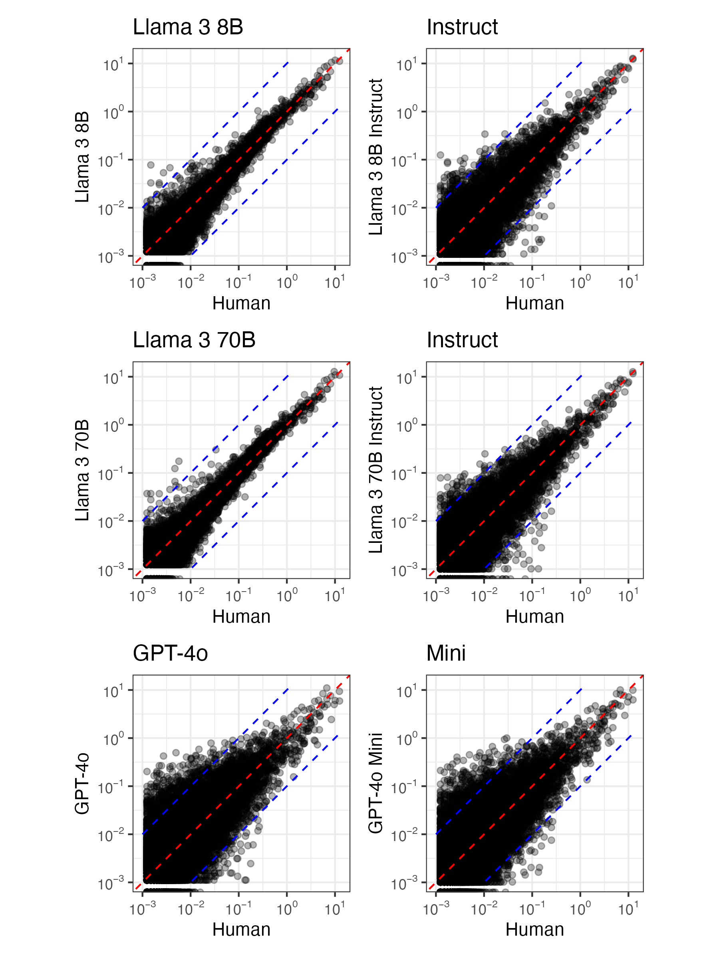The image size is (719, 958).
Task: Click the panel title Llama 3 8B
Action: (187, 27)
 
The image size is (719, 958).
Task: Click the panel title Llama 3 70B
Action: (194, 340)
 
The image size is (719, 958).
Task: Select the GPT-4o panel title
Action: (170, 653)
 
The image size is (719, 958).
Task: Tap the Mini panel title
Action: (445, 653)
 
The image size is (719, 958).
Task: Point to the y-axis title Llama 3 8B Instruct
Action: (376, 157)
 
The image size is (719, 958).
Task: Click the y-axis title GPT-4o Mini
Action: (376, 783)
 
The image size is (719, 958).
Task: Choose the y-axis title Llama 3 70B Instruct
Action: (376, 470)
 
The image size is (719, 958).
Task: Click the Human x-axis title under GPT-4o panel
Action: (241, 929)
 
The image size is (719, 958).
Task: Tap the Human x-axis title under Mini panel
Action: (534, 929)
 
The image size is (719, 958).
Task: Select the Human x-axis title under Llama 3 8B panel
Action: (241, 303)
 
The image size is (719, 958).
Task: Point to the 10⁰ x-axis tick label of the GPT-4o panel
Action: (287, 909)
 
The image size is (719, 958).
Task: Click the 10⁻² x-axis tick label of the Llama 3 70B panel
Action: (191, 596)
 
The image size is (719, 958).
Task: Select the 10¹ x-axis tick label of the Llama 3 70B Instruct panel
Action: (628, 596)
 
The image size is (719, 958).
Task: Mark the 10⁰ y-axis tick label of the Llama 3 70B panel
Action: (113, 426)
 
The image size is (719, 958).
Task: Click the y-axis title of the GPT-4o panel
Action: (82, 783)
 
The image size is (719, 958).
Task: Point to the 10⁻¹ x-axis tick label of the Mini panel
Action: (532, 909)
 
